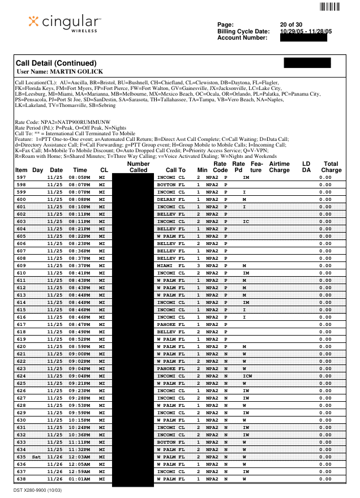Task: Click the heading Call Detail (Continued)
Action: pyautogui.click(x=57, y=63)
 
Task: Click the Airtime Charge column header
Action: pyautogui.click(x=279, y=167)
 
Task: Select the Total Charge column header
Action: pyautogui.click(x=331, y=167)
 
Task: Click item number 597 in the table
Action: pyautogui.click(x=22, y=177)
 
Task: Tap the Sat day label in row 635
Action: pyautogui.click(x=37, y=457)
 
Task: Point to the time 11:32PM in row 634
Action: pyautogui.click(x=79, y=449)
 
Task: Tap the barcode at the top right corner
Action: pyautogui.click(x=330, y=7)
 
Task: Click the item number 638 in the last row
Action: pyautogui.click(x=22, y=479)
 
